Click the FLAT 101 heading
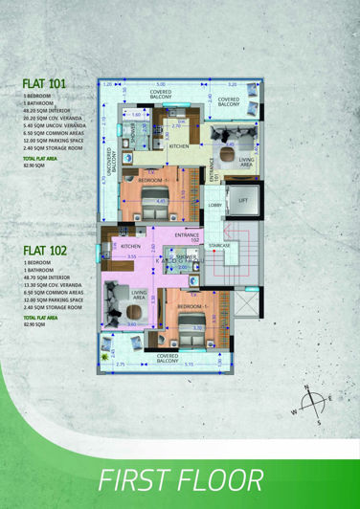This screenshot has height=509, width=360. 44,84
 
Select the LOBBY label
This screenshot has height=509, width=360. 214,205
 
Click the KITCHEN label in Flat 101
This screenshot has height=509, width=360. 179,146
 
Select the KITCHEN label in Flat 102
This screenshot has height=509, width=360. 130,245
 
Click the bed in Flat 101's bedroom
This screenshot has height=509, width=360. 156,199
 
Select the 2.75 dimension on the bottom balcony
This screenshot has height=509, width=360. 121,365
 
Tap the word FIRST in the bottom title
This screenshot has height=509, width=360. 142,478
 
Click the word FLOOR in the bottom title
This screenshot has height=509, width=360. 226,478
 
